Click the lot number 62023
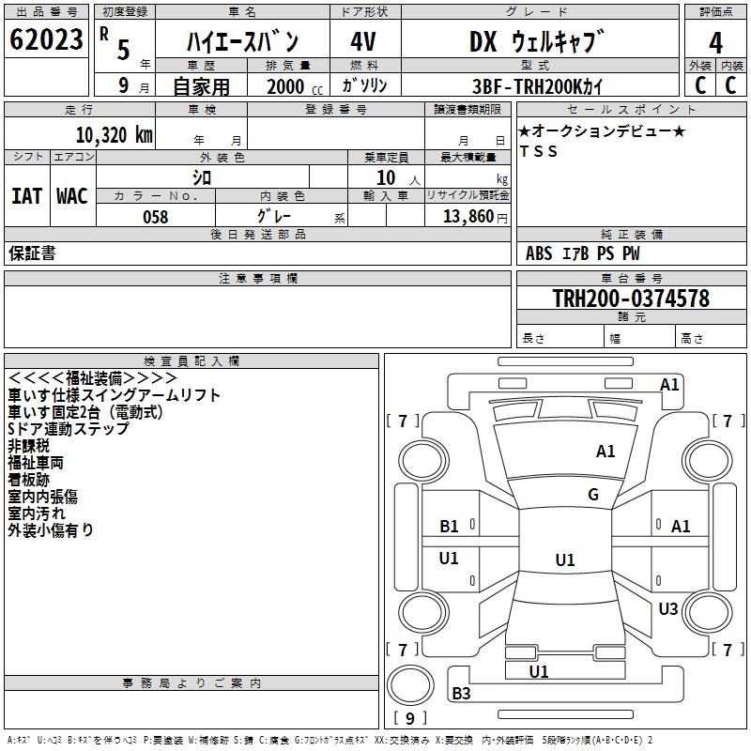pos(45,41)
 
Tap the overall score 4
pos(715,42)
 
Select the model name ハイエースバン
pos(241,42)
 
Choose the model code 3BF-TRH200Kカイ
pos(538,85)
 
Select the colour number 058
pos(155,216)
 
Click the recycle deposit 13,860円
pos(475,216)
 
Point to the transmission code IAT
pos(26,196)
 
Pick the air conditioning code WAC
pos(71,196)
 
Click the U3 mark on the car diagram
pos(667,609)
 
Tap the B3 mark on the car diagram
pos(461,694)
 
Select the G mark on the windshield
pos(592,495)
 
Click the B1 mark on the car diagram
pos(449,527)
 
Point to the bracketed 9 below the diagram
pos(409,719)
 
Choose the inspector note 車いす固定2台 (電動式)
pos(85,412)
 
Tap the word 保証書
pos(32,253)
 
